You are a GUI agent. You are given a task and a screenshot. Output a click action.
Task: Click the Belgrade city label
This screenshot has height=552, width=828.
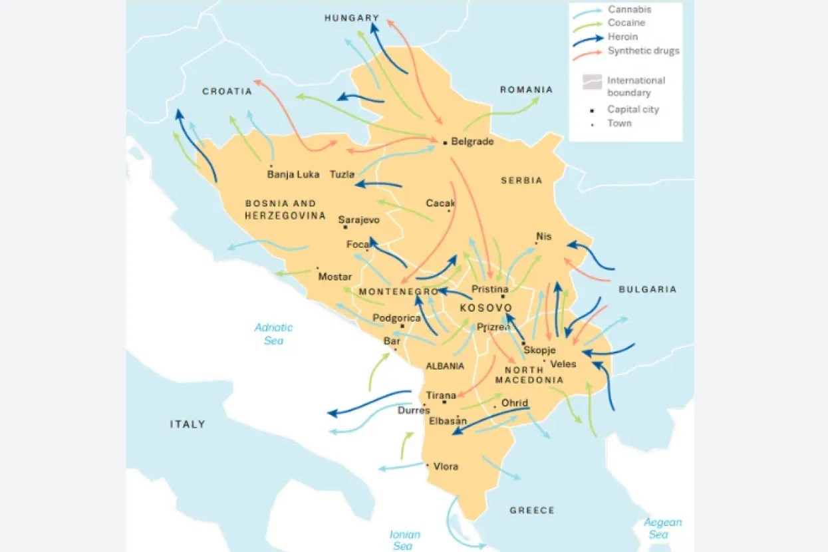(472, 142)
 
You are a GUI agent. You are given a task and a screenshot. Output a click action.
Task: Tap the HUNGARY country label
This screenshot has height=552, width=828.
(352, 18)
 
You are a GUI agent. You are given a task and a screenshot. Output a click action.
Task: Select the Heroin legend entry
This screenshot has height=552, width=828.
(622, 37)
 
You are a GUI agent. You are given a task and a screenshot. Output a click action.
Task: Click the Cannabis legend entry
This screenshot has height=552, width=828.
(629, 9)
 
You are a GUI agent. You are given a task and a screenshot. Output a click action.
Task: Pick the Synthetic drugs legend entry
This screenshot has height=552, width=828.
(643, 51)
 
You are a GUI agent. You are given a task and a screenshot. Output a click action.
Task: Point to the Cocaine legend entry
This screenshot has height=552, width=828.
(626, 23)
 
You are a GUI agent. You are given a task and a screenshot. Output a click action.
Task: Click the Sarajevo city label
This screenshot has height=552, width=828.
(358, 220)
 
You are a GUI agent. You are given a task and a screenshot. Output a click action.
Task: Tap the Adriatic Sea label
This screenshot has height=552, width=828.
(273, 334)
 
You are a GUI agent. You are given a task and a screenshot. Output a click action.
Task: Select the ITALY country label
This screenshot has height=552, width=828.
(188, 424)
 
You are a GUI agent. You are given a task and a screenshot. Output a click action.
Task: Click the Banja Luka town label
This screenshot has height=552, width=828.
(293, 175)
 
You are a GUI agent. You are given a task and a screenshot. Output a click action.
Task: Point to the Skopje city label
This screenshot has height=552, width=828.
(539, 350)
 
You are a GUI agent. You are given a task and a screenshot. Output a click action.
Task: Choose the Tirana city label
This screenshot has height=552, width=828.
(441, 396)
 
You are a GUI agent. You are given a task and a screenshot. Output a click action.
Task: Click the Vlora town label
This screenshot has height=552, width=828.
(446, 466)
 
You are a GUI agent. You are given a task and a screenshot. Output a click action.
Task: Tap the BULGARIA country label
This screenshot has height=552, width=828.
(647, 289)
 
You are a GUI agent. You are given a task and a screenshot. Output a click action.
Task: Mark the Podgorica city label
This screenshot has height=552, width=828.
(396, 318)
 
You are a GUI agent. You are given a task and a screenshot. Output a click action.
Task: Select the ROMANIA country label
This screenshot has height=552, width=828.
(526, 90)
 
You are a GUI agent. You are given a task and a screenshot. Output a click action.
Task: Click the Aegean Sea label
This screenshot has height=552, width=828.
(662, 529)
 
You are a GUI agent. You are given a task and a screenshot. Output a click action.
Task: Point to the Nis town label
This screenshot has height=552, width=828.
(543, 237)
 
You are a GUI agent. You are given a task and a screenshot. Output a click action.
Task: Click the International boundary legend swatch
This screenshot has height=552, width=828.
(591, 82)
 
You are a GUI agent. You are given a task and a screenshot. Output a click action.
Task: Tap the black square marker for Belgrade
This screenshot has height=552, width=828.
(444, 142)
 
